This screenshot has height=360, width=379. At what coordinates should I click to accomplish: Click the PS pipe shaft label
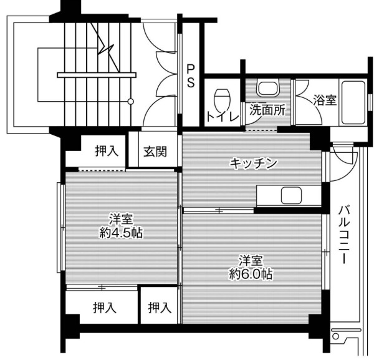coord(191,76)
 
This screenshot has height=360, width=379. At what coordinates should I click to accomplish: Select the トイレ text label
coord(223,117)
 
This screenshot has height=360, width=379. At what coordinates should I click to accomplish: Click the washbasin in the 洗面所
coord(268,89)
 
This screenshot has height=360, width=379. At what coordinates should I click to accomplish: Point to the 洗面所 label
coord(267,110)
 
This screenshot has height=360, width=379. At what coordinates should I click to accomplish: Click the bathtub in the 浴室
coord(353,102)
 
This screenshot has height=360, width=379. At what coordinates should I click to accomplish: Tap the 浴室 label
coord(325,100)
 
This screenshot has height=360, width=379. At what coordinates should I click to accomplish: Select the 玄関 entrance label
coord(155,152)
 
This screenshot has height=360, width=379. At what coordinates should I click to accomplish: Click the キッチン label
coord(253,163)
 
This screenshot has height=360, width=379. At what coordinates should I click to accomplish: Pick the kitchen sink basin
coord(291,195)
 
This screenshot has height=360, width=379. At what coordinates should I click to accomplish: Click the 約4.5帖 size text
coord(121,233)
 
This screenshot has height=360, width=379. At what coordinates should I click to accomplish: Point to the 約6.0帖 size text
coord(251,274)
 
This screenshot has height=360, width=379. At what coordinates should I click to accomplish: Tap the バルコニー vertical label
coord(343,234)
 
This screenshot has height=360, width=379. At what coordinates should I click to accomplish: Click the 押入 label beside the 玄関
coord(107,151)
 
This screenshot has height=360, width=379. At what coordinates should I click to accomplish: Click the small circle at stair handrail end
coord(130,102)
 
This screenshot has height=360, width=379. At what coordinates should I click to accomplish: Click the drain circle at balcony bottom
coord(335,336)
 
